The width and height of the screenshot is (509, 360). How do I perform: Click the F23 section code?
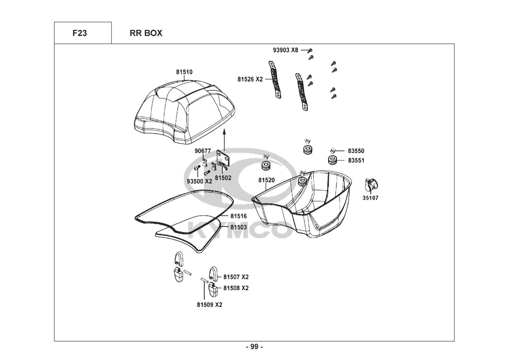[79, 33]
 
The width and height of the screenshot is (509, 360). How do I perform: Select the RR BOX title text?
[146, 33]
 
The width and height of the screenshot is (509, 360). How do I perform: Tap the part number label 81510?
[184, 72]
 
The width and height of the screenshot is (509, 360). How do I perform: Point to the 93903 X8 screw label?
[285, 50]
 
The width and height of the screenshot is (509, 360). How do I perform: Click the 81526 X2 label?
[250, 79]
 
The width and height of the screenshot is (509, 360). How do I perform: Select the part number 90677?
[203, 151]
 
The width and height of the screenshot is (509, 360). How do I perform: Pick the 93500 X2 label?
[199, 181]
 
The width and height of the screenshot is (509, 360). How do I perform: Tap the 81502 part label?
[223, 178]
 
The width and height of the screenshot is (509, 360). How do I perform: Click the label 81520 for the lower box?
[267, 180]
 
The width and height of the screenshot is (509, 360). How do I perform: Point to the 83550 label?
[356, 151]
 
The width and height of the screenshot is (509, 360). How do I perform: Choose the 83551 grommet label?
[356, 161]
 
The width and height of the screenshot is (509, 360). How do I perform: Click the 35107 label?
[371, 198]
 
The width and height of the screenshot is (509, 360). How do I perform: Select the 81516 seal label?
[238, 216]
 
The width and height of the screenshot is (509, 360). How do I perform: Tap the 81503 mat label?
[238, 227]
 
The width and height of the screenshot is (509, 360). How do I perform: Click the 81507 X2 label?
[236, 277]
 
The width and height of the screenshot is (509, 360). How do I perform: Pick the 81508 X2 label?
[236, 288]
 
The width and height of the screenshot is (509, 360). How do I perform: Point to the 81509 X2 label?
[209, 305]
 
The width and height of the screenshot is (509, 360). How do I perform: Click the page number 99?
[255, 347]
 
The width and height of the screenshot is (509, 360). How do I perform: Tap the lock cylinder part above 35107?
[371, 184]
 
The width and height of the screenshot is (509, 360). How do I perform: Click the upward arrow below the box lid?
[224, 140]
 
